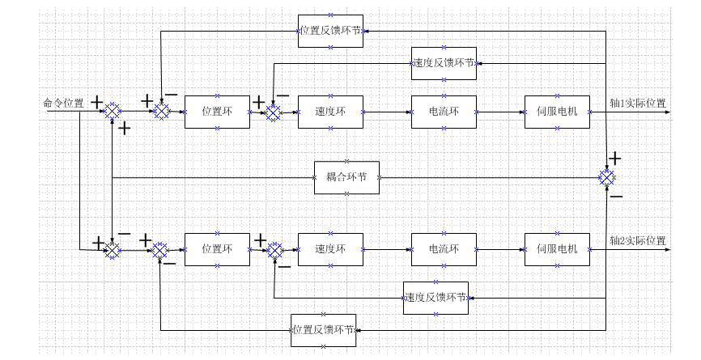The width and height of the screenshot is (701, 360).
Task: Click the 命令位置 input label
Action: [63, 104]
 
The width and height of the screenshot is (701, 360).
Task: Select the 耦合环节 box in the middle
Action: [346, 177]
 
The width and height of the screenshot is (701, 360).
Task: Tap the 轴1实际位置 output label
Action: [638, 104]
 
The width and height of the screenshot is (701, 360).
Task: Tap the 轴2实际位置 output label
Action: [638, 240]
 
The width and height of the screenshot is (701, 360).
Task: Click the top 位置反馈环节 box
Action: [330, 31]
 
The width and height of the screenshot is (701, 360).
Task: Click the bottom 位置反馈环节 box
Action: [323, 330]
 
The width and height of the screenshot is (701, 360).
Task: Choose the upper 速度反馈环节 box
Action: [444, 63]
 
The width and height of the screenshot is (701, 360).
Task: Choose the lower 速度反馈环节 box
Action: [435, 298]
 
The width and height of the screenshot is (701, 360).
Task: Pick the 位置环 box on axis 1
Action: [217, 112]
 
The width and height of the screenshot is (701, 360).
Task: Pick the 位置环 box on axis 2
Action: [217, 249]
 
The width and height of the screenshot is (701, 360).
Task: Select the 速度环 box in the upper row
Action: [330, 112]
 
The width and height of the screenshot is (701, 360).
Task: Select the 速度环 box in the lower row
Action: [330, 249]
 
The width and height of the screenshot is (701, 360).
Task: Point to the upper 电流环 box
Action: [444, 112]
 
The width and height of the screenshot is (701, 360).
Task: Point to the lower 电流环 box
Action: [444, 249]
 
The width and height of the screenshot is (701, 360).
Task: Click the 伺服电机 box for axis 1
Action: [557, 112]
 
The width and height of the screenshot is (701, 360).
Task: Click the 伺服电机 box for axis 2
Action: [557, 249]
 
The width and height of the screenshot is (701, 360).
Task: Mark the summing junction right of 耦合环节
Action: [606, 177]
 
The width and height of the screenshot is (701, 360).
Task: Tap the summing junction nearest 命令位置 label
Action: [112, 112]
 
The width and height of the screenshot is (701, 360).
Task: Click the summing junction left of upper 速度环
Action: [274, 112]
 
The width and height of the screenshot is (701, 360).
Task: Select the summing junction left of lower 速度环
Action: [275, 251]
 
